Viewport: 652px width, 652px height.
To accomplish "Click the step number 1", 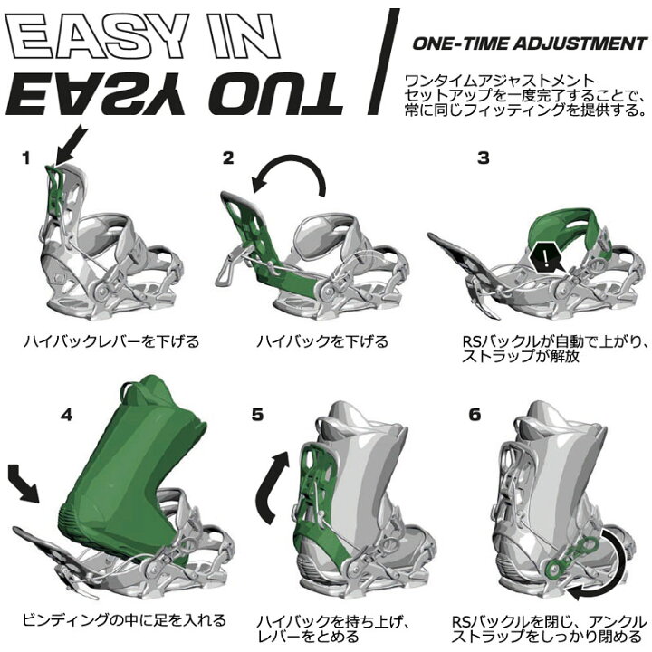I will [x=27, y=158].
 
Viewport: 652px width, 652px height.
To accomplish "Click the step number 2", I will [x=228, y=158].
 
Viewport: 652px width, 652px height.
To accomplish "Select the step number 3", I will [x=484, y=158].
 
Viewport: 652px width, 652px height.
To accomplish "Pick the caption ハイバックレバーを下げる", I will [x=112, y=342].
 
